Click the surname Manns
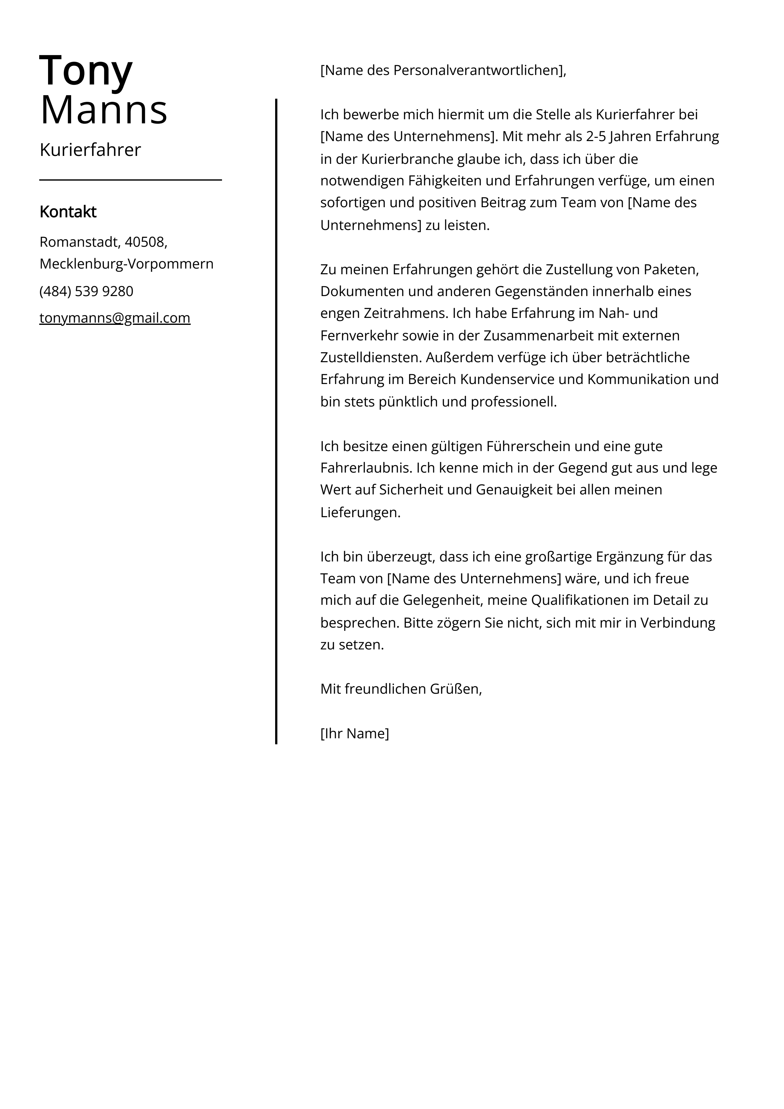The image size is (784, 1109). click(104, 110)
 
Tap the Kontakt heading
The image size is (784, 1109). click(68, 212)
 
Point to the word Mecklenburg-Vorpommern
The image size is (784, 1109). click(127, 264)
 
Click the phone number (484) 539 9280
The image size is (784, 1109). click(86, 291)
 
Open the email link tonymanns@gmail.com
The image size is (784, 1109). click(115, 318)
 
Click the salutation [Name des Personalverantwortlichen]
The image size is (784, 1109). click(442, 71)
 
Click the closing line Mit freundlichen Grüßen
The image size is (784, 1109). click(401, 689)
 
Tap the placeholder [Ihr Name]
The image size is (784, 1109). click(355, 733)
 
